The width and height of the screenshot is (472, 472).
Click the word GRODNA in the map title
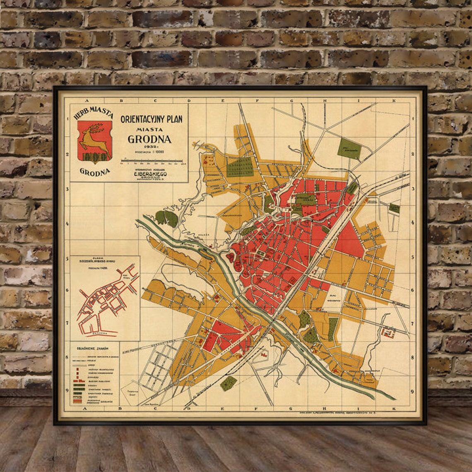coord(149,139)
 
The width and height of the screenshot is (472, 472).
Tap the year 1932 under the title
coord(149,147)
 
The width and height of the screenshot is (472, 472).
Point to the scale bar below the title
coord(151,161)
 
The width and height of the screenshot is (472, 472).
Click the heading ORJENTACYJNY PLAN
coord(151,119)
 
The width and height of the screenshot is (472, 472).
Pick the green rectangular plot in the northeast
coord(349,149)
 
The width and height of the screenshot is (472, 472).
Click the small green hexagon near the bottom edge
coord(228,383)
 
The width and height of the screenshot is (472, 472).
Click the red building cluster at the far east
coord(388,332)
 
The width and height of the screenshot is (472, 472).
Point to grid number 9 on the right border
coord(412,391)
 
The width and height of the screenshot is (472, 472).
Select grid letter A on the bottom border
coord(87,408)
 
